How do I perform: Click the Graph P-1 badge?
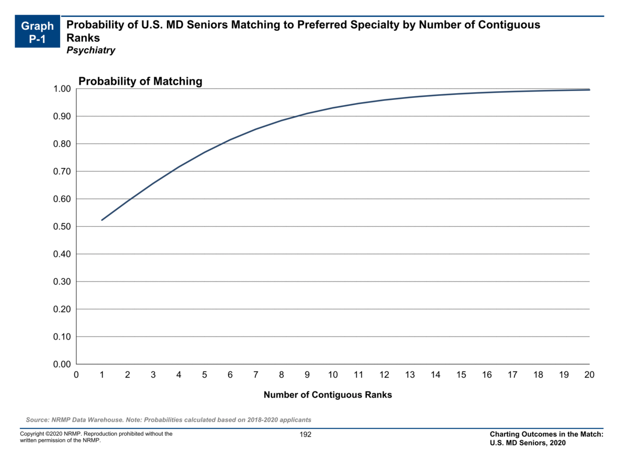pos(38,32)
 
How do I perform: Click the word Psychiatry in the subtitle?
pos(91,51)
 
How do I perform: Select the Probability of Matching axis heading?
pos(140,81)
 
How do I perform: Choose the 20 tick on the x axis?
pos(589,375)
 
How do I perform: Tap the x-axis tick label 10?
pos(333,375)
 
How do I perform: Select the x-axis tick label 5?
pos(205,375)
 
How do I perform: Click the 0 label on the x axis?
pos(76,375)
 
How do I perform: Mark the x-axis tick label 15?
pos(461,375)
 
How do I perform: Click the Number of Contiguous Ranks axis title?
pos(328,395)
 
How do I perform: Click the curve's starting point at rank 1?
pos(102,220)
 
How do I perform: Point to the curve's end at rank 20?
pos(589,90)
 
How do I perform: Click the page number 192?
pos(305,434)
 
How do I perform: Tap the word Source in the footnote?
pos(37,420)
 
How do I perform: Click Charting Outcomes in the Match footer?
pos(546,434)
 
